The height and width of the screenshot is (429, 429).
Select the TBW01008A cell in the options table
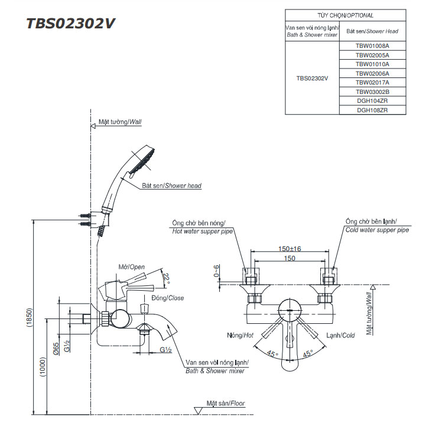pos(372,45)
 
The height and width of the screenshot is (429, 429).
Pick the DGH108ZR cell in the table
pos(372,110)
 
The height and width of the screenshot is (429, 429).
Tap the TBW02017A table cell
pos(372,82)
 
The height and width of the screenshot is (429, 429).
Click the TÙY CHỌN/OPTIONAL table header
pos(346,15)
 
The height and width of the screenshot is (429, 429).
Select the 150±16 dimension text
pos(290,249)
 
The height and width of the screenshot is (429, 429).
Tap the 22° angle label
pos(167,278)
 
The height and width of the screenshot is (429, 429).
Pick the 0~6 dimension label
pos(217,271)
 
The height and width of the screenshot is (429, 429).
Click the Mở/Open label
pos(131,267)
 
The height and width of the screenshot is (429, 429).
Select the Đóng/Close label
pos(168,298)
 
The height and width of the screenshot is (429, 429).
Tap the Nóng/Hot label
pos(240,336)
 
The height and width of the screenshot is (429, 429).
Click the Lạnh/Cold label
pos(340,336)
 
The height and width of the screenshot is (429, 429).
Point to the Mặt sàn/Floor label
pos(226,404)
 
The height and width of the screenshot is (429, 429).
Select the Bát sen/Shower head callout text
pos(171,186)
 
